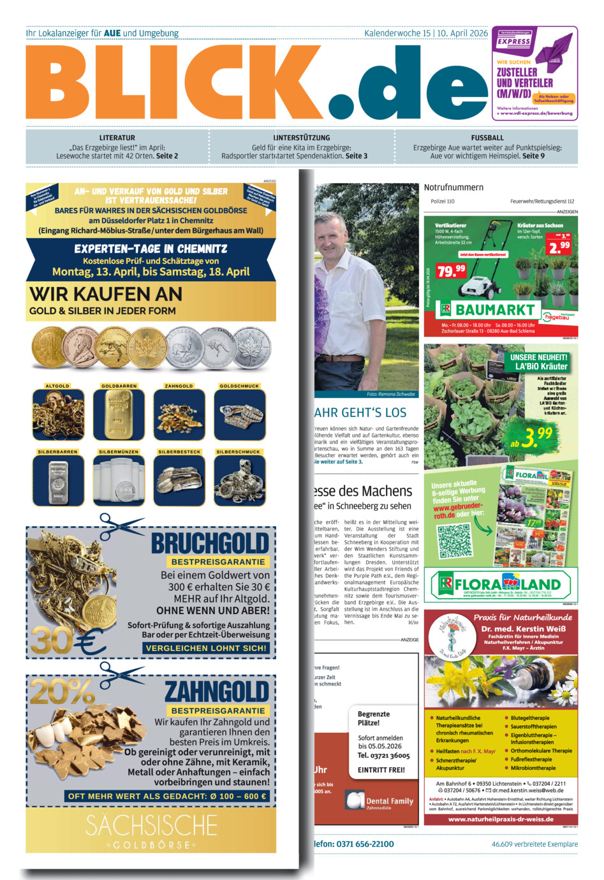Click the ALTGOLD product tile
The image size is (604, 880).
point(58,414)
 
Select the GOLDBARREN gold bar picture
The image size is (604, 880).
point(119,414)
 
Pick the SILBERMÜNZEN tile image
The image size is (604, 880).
point(119,481)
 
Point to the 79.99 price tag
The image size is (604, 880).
point(451,270)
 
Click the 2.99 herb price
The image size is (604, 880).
point(559,246)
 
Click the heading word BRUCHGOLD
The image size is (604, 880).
point(210,544)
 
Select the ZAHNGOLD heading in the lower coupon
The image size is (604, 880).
point(217,692)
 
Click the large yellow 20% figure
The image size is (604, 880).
point(62,691)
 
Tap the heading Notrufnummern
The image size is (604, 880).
point(453,187)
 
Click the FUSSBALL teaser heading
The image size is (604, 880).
point(487,138)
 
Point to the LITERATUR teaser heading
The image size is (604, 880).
point(117,138)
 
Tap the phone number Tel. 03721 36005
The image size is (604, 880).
point(383,756)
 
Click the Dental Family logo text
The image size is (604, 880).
point(389,801)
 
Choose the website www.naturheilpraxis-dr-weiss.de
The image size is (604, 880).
point(501,819)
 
